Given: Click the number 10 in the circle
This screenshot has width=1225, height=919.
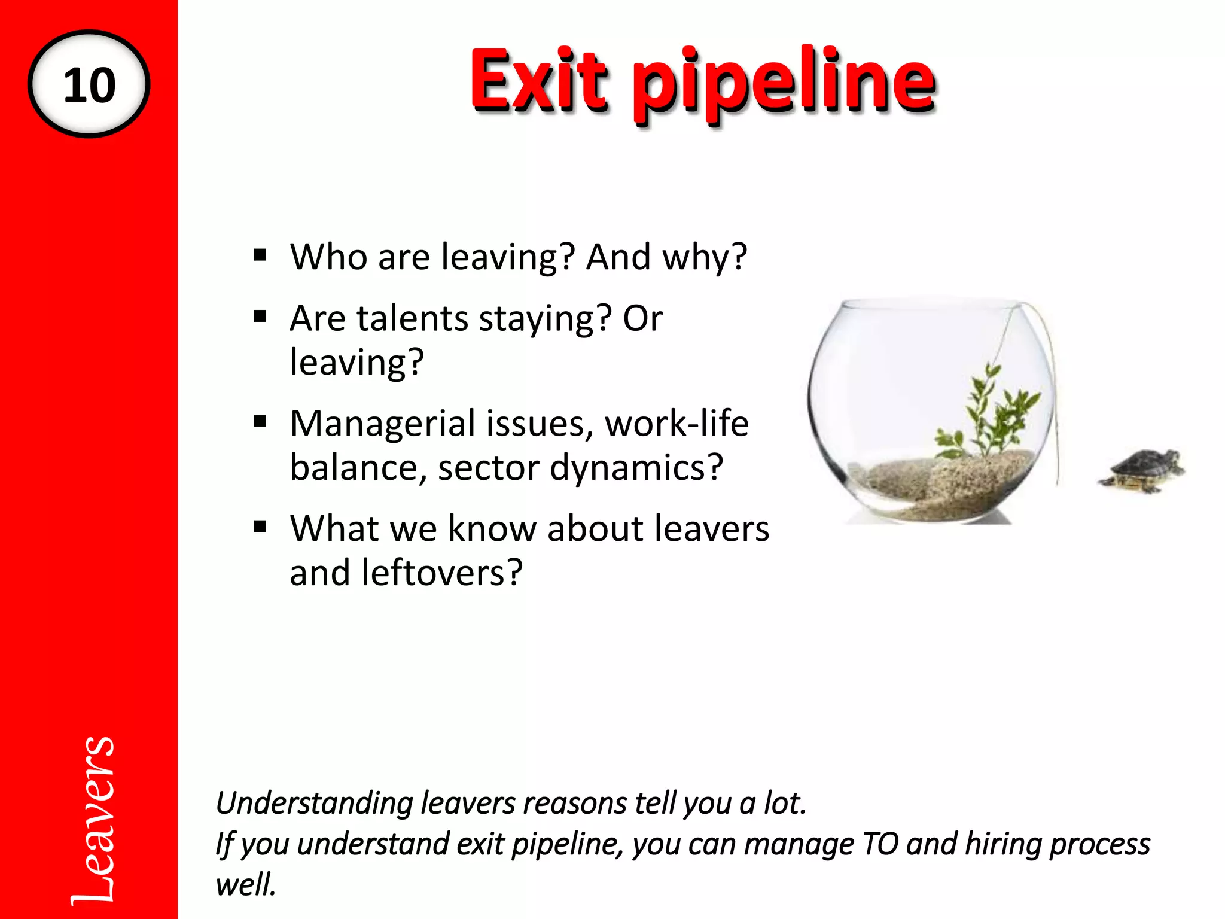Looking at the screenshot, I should pyautogui.click(x=89, y=85).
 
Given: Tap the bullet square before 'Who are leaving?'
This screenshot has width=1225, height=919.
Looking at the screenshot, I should pyautogui.click(x=260, y=256).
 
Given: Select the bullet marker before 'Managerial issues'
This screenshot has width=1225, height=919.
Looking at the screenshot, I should pyautogui.click(x=260, y=422).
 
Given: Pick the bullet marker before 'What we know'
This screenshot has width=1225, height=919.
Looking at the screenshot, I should pyautogui.click(x=260, y=527).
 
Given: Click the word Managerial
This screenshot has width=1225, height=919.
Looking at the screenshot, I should pyautogui.click(x=383, y=425).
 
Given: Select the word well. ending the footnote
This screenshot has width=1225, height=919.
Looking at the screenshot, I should pyautogui.click(x=246, y=884).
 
